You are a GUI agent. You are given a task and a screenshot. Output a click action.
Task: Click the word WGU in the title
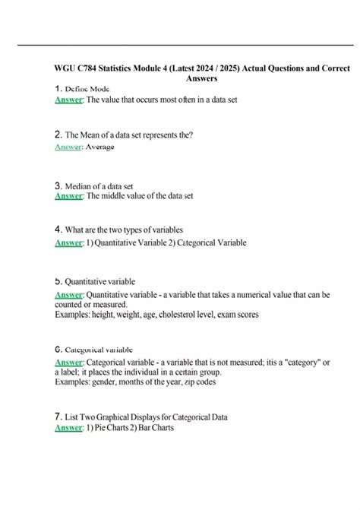(67, 68)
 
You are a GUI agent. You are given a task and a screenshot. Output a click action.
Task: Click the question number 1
(58, 89)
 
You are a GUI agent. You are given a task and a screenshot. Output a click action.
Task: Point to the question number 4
(58, 229)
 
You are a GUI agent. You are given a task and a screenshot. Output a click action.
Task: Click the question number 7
(58, 417)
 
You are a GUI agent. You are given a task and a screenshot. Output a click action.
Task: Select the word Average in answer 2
(100, 147)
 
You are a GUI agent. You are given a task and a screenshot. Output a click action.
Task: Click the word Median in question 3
(80, 185)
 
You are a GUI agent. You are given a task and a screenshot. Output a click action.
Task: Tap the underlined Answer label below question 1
(69, 100)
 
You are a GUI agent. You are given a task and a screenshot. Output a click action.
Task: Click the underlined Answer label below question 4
(69, 243)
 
